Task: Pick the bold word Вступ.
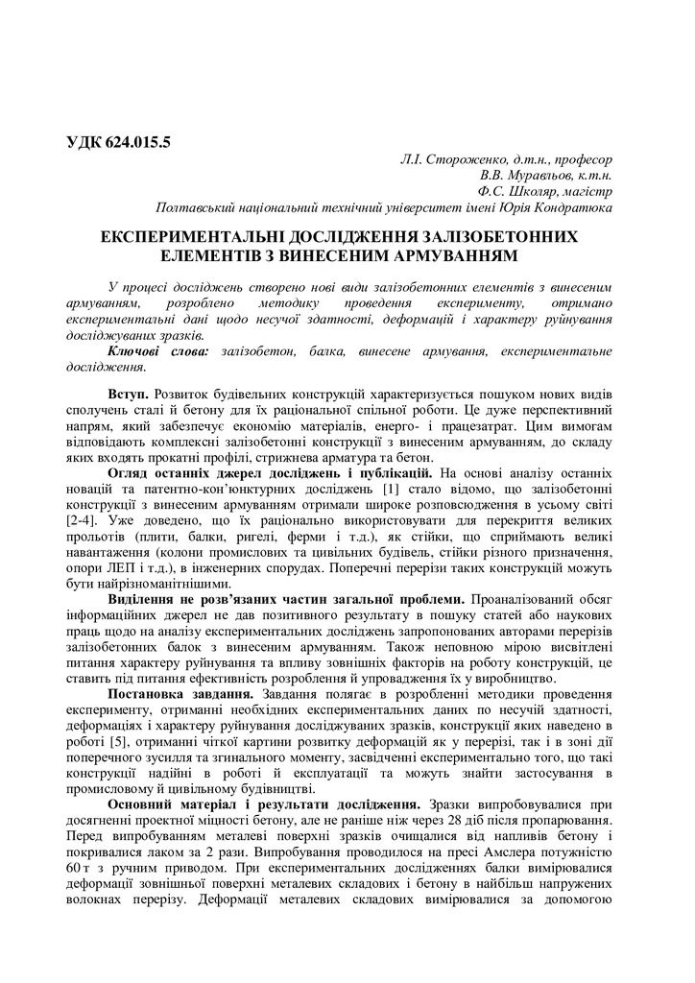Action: pyautogui.click(x=129, y=396)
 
